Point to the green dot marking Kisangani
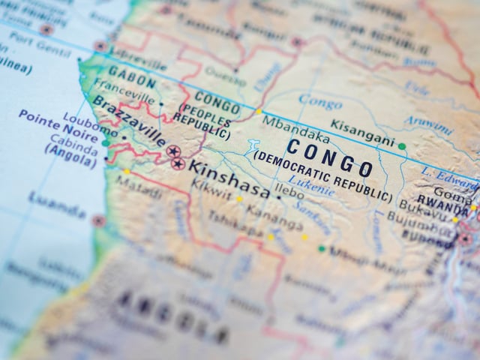402,146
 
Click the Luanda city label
57,203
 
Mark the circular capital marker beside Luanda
98,220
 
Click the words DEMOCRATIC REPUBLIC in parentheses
322,176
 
